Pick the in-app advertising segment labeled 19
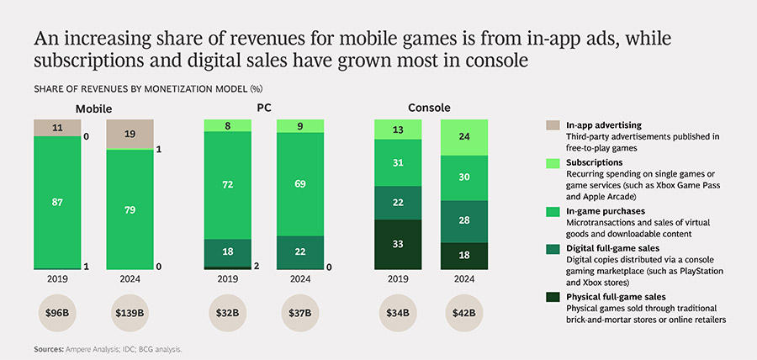click(x=130, y=133)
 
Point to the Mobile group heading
click(x=94, y=109)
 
